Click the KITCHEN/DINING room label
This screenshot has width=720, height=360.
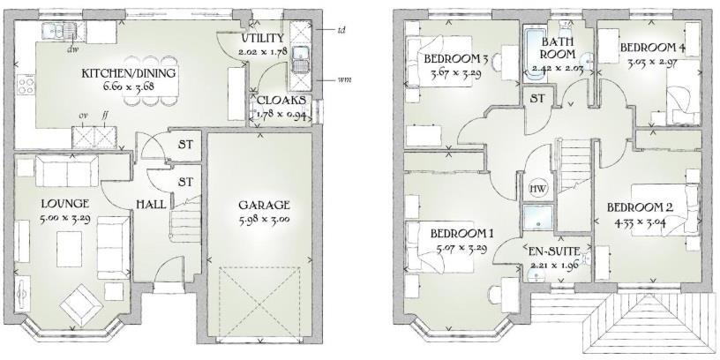click(128, 72)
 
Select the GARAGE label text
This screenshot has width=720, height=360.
click(264, 205)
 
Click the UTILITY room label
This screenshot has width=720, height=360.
click(263, 39)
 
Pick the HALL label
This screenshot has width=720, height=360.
click(150, 204)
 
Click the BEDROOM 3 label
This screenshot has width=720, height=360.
click(455, 59)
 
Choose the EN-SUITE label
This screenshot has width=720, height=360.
click(552, 251)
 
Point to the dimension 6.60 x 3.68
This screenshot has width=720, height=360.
click(128, 86)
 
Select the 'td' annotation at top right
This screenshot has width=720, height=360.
click(341, 30)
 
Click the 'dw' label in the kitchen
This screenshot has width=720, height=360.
click(71, 49)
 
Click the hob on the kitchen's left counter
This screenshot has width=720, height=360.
click(26, 86)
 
